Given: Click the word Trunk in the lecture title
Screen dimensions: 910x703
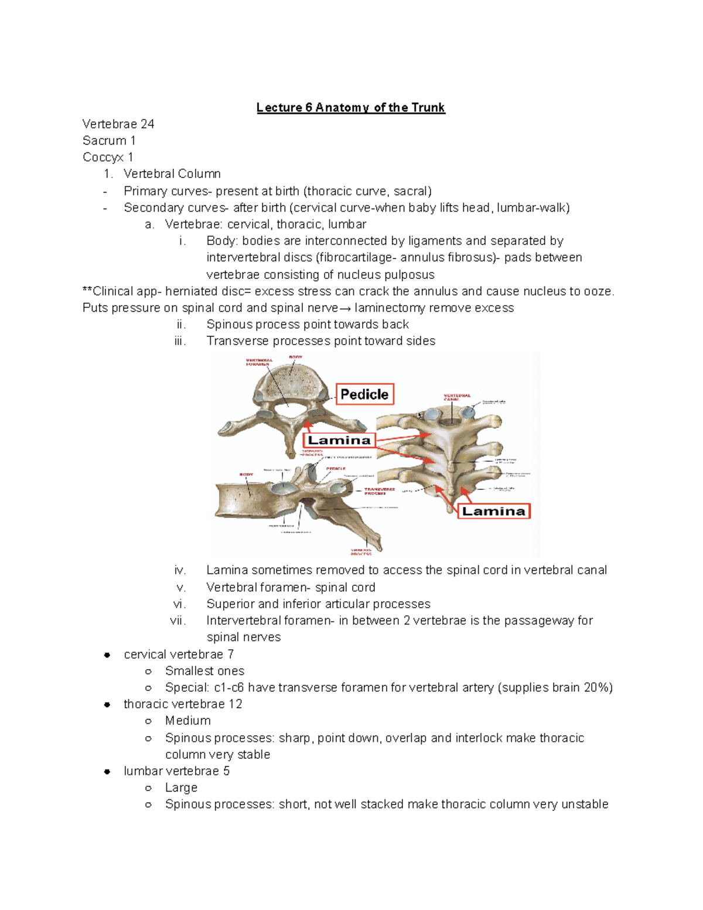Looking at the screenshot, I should (x=428, y=108).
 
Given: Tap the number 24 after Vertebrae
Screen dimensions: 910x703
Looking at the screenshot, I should (x=147, y=124).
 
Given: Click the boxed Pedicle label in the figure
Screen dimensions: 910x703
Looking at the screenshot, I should (x=364, y=394).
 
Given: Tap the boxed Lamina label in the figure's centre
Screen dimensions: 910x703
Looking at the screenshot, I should (x=339, y=441).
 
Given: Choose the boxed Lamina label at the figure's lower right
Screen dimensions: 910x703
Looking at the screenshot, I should (x=493, y=511).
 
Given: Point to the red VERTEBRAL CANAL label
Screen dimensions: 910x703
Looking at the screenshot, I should (x=457, y=398).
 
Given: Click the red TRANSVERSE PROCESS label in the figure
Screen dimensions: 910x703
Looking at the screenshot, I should (x=380, y=491).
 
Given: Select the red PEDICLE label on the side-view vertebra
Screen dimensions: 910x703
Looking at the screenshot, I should (x=336, y=469).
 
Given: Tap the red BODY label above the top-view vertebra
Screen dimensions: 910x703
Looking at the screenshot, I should (x=295, y=357).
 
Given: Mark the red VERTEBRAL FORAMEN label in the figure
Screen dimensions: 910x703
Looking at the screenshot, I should (x=258, y=362).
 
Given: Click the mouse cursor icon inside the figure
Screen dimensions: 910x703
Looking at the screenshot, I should (x=419, y=415).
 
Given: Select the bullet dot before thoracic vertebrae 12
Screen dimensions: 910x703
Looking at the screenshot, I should (x=107, y=705).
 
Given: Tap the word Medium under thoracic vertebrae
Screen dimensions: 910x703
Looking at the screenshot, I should (x=187, y=721).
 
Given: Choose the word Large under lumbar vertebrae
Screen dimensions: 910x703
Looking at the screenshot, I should (x=181, y=788).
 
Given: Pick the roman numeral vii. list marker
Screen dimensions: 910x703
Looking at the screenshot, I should (x=178, y=621).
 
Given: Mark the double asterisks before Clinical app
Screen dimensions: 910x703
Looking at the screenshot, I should (x=87, y=291).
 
